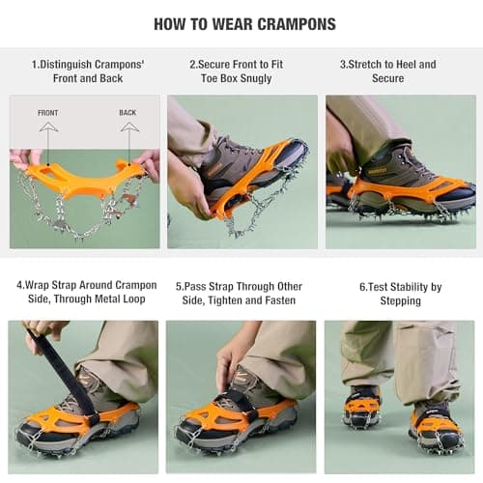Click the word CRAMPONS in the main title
pos(297,24)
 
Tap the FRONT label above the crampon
pos(48,113)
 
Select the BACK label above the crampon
pos(128,113)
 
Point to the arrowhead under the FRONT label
pos(48,127)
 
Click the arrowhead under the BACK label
pos(129,127)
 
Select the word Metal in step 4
pos(107,298)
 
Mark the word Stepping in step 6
pos(401,301)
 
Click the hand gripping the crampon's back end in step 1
pos(148,163)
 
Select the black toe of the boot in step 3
pos(461,195)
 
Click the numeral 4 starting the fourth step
pos(19,286)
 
